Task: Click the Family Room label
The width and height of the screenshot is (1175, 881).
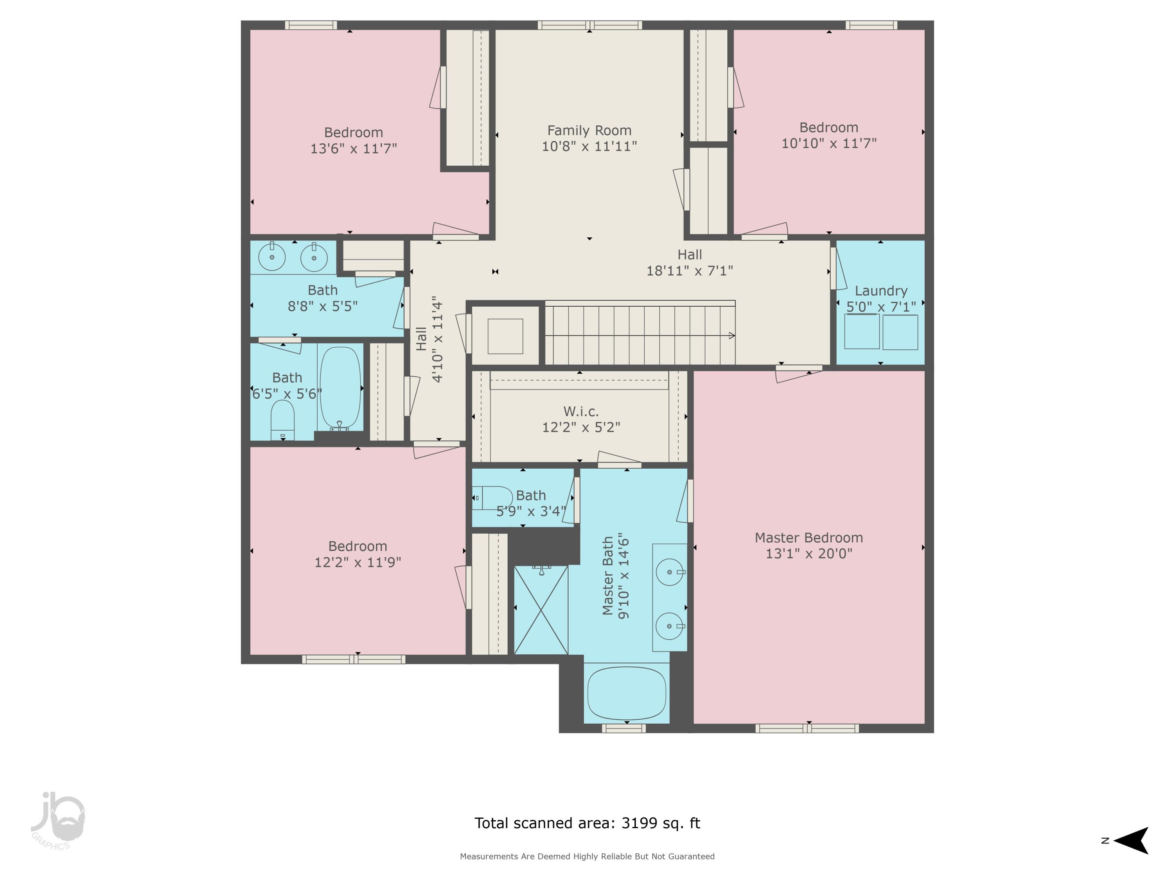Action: tap(589, 131)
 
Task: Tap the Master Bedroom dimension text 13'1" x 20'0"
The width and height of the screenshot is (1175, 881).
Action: tap(808, 553)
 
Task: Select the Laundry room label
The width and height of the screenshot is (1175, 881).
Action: tap(881, 291)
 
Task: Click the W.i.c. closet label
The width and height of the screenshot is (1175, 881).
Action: tap(580, 412)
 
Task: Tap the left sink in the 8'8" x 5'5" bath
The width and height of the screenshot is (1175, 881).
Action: tap(272, 257)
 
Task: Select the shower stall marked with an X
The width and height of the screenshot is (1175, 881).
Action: tap(541, 610)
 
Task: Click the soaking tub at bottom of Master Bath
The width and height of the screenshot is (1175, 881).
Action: tap(627, 693)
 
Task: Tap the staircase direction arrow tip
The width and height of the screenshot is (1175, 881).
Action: tap(733, 336)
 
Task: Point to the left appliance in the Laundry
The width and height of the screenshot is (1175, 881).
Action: tap(862, 332)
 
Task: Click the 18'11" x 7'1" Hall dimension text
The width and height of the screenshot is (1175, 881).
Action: tap(689, 271)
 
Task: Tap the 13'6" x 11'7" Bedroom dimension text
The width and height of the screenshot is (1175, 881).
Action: tap(353, 149)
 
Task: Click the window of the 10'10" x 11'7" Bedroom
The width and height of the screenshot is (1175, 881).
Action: tap(871, 25)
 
